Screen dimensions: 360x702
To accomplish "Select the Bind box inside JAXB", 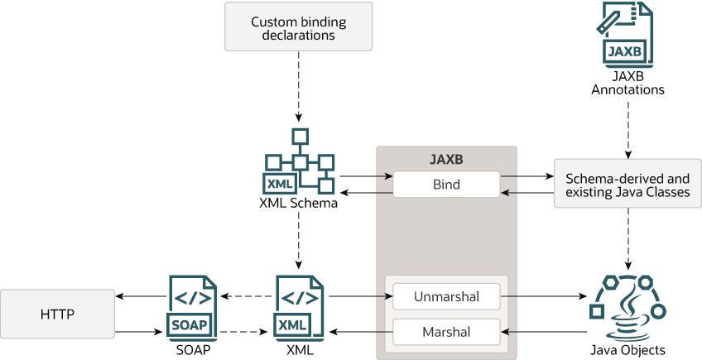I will point(446,184).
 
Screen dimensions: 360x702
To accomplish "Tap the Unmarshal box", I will point(446,295).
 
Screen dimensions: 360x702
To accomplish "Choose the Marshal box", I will point(446,332).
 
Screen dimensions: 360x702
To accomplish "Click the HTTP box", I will point(57,314).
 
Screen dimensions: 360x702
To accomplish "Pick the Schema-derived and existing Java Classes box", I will point(627,184).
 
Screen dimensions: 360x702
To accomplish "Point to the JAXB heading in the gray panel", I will point(446,159).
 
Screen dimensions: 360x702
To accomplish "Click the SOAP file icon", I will point(193,305).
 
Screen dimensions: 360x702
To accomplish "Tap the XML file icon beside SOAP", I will point(299,305).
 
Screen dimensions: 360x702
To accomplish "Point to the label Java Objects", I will point(627,350).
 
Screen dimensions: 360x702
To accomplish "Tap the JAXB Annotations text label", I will point(627,83).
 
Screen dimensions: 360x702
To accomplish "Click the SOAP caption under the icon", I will point(193,350).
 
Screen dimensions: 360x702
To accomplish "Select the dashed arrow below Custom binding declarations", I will point(299,84).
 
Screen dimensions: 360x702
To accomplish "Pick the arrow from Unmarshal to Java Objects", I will point(541,295).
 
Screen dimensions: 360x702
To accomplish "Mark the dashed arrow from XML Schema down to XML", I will point(299,240).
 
